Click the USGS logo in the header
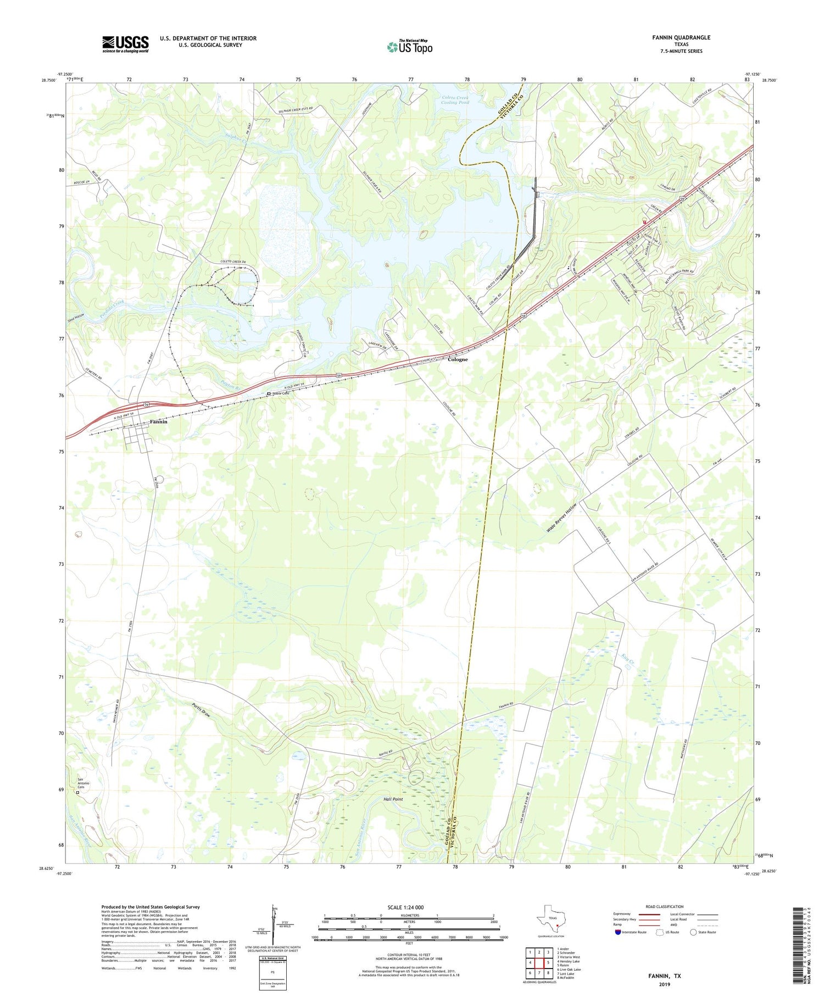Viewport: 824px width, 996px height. (125, 44)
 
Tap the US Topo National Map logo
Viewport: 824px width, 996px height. (410, 47)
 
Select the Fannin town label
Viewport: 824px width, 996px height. (158, 422)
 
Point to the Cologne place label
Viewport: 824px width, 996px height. (458, 359)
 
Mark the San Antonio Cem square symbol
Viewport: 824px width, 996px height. (77, 793)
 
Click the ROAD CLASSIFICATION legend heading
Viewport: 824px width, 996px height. (665, 906)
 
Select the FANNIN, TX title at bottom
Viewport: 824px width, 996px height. (664, 976)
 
